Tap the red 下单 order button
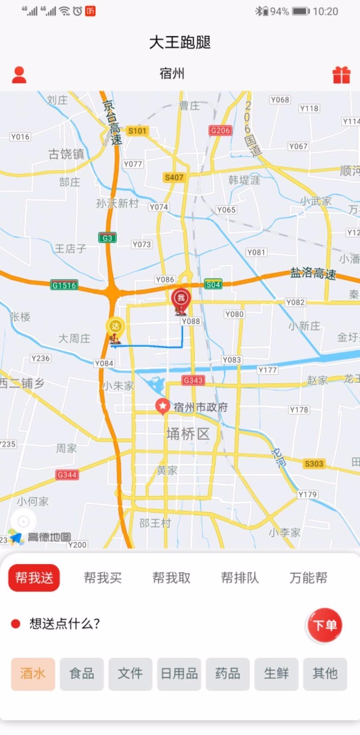[325, 625]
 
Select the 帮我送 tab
[34, 577]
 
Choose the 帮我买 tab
[102, 577]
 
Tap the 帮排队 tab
[240, 577]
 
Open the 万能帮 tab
[308, 577]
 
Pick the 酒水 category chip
[33, 674]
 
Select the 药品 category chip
[228, 674]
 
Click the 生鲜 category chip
[276, 674]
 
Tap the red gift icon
[341, 75]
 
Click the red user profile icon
[19, 74]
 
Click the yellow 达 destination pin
[115, 327]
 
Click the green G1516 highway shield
[64, 285]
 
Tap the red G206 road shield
[220, 130]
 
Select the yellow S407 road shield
[174, 177]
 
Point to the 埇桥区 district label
[188, 434]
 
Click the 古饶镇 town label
[67, 154]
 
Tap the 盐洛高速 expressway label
[313, 274]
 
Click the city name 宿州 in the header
[172, 73]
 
